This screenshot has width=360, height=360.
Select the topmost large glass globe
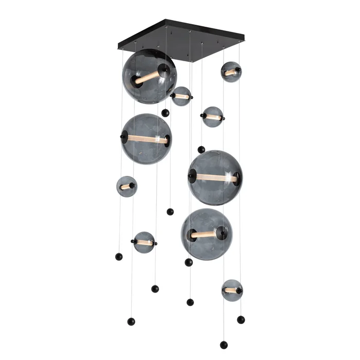tap(149, 77)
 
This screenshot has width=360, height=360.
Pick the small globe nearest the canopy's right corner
tap(231, 72)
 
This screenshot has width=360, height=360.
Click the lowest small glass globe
tap(232, 290)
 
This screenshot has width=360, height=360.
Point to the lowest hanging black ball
tap(223, 345)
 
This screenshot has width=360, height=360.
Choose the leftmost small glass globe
tap(127, 186)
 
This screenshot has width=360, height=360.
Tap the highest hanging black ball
tap(165, 113)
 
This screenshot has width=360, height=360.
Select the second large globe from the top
tap(147, 139)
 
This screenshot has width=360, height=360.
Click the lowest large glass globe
tap(207, 234)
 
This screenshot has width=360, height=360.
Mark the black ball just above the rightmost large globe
tap(201, 150)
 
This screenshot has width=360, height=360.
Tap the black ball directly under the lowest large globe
tap(189, 262)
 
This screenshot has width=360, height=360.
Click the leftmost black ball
tap(119, 256)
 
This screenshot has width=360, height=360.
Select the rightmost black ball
tap(241, 319)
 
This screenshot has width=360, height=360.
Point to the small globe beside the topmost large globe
tap(181, 96)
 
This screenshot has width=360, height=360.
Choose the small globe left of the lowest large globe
tap(145, 242)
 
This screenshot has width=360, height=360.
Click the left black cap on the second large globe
tap(124, 137)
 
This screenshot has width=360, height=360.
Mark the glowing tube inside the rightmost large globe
tap(216, 178)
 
